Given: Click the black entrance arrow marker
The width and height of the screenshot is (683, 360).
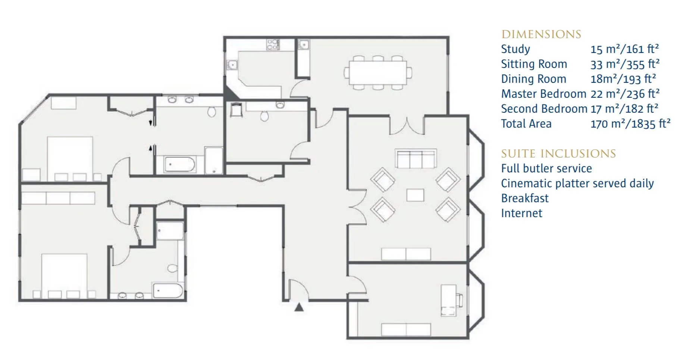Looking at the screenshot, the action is click(299, 307).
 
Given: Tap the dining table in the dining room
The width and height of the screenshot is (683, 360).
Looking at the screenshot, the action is click(377, 72).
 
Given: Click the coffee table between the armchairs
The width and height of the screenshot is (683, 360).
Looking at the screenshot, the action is click(415, 195).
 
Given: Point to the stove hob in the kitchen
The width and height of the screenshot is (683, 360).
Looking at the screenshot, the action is click(273, 45).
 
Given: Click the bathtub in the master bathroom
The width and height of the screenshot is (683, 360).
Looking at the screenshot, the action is click(179, 165).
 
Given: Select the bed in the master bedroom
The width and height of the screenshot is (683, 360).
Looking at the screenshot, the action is click(70, 159).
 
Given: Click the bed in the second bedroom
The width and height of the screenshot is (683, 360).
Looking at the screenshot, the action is click(64, 276).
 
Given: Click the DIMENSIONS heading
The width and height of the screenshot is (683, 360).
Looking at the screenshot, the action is click(541, 34).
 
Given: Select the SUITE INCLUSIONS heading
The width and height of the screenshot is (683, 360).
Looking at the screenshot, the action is click(558, 154).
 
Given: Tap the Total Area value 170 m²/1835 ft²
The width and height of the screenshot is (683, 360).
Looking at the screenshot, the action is click(630, 123).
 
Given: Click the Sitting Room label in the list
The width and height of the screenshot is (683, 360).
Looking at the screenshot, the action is click(534, 64).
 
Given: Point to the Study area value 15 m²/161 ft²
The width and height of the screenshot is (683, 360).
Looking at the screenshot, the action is click(624, 49).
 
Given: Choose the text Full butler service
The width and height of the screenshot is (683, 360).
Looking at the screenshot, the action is click(546, 168).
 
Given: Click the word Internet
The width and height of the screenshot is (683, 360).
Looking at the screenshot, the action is click(521, 213).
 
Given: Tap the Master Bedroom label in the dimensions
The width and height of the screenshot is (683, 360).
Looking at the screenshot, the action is click(543, 94).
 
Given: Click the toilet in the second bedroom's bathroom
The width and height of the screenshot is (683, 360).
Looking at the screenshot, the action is click(172, 268).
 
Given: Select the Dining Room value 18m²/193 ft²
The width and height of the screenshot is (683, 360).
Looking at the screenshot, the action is click(623, 79).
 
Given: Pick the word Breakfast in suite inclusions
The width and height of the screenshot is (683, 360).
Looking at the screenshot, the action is click(525, 198).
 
